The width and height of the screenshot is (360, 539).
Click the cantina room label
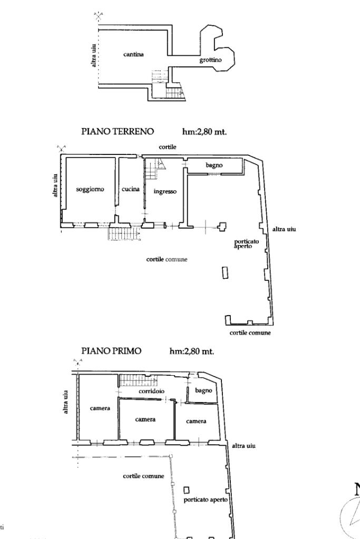[133, 54]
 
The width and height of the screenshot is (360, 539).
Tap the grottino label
[210, 61]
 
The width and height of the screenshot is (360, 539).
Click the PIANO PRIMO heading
[112, 351]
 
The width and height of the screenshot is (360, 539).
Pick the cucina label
[130, 189]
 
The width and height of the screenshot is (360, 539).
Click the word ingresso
[164, 191]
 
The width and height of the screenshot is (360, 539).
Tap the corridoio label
[152, 391]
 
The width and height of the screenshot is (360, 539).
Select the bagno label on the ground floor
[214, 165]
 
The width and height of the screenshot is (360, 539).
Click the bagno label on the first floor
[203, 390]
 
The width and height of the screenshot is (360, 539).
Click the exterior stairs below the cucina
[124, 233]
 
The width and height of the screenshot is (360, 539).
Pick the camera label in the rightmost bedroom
[196, 421]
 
